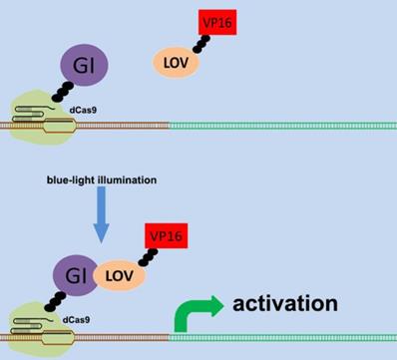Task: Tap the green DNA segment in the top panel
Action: pyautogui.click(x=279, y=128)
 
